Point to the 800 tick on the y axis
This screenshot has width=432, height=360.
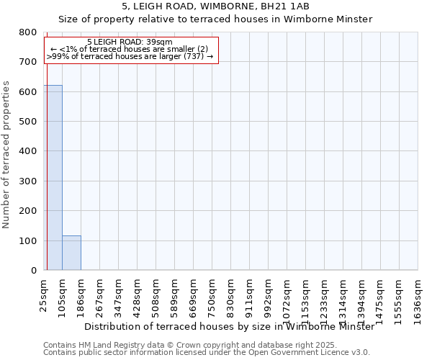[28, 32]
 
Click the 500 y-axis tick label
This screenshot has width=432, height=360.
[28, 122]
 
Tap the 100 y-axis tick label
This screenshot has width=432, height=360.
[28, 240]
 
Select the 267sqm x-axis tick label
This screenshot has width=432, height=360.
[100, 293]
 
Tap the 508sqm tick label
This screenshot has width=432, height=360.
[156, 293]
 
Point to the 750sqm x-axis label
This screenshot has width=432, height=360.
[212, 293]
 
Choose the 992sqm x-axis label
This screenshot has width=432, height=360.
[269, 293]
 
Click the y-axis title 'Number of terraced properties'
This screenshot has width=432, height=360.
[6, 155]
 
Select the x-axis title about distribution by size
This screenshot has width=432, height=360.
[229, 326]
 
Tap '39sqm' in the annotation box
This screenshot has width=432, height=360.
[159, 42]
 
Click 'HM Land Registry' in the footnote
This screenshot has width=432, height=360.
[106, 345]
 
